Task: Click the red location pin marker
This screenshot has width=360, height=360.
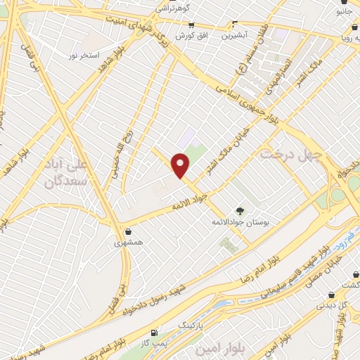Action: (181, 166)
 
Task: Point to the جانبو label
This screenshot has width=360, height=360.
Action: (345, 11)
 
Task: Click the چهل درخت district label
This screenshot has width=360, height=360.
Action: (290, 153)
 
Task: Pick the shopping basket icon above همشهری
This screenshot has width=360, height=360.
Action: (127, 231)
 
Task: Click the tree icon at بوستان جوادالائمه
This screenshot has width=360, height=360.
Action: (240, 210)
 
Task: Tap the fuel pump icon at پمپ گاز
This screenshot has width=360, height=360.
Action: (154, 331)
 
